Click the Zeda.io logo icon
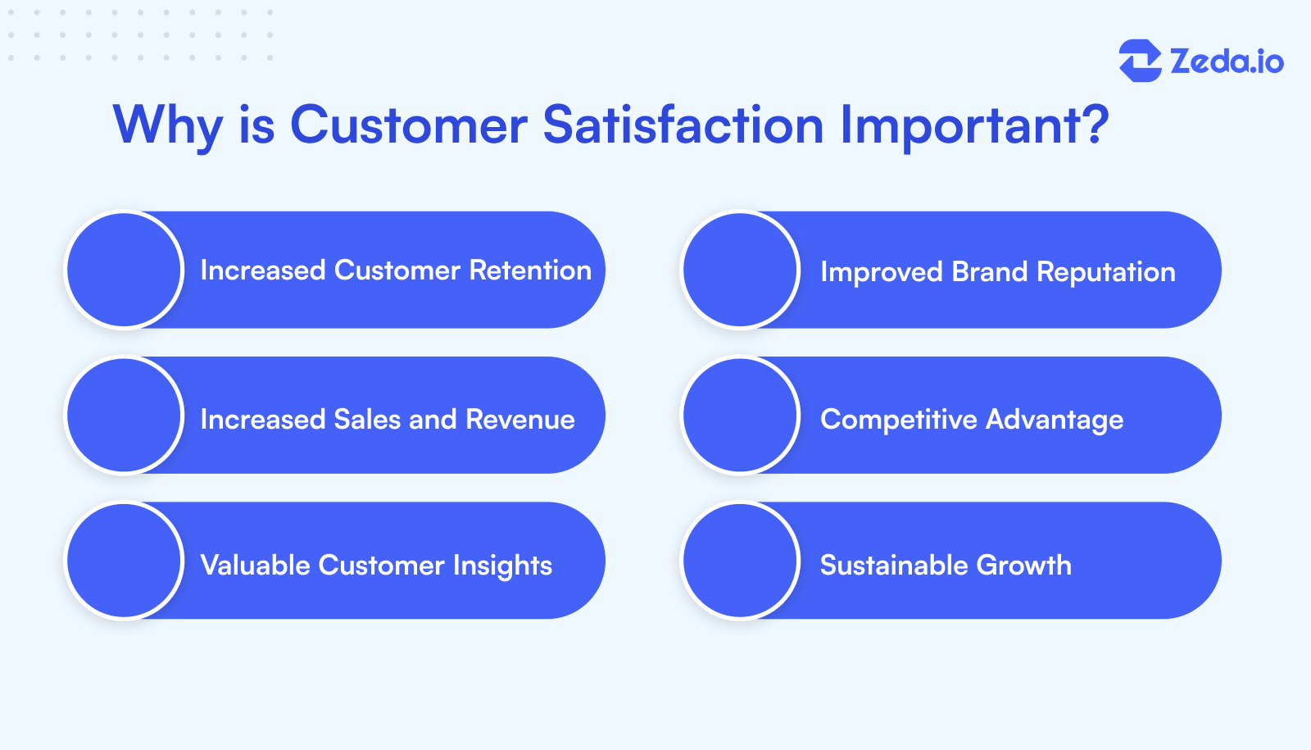click(1140, 61)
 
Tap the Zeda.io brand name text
click(1227, 61)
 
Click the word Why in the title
click(167, 126)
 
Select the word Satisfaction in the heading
click(683, 125)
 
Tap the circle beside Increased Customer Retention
click(125, 270)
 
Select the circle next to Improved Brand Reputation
click(741, 270)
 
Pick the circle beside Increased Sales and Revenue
click(125, 416)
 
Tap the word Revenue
click(520, 420)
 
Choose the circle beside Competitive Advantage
click(741, 416)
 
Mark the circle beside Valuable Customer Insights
click(125, 561)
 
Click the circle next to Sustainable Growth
click(741, 561)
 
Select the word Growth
click(1023, 566)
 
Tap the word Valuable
click(255, 565)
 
